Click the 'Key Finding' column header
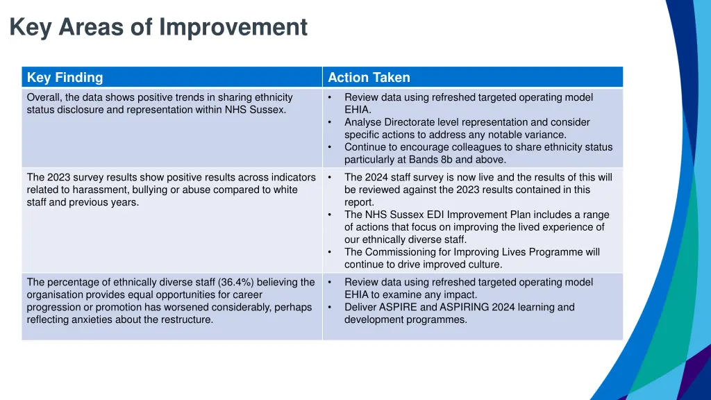pyautogui.click(x=65, y=78)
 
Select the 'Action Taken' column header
pyautogui.click(x=369, y=78)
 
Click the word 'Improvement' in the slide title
pyautogui.click(x=233, y=27)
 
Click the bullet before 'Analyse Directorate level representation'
pyautogui.click(x=331, y=122)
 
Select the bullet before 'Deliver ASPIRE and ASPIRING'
pyautogui.click(x=331, y=307)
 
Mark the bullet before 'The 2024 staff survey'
pyautogui.click(x=331, y=177)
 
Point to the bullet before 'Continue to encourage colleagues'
pyautogui.click(x=331, y=147)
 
